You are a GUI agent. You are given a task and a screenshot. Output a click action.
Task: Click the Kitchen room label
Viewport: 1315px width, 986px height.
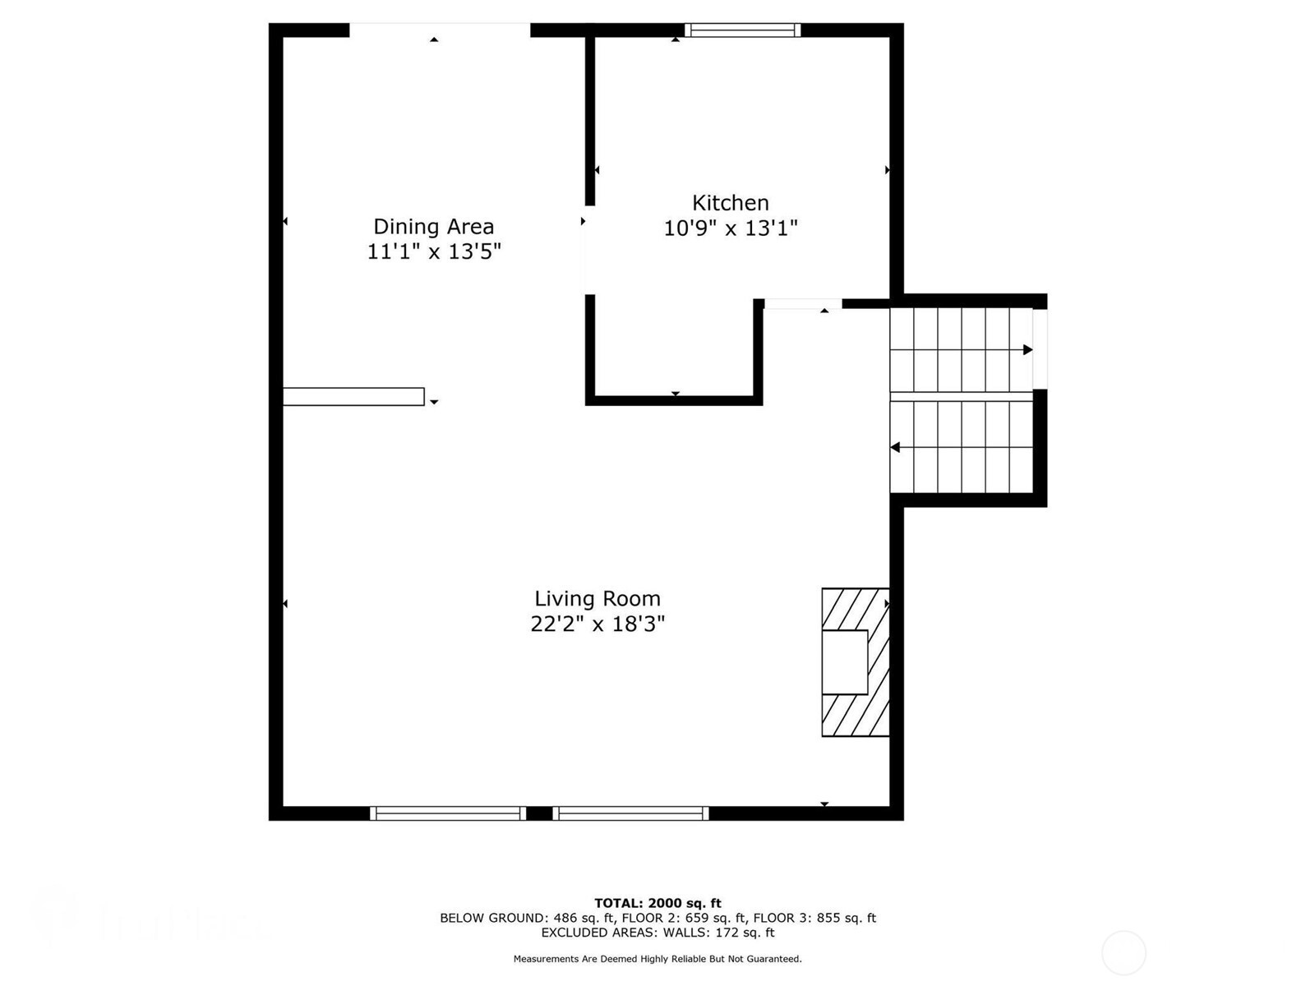click(x=730, y=203)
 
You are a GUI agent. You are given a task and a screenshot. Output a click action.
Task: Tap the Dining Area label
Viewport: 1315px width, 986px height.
click(x=433, y=227)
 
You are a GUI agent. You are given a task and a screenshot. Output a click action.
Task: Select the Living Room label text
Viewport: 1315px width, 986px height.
click(x=598, y=599)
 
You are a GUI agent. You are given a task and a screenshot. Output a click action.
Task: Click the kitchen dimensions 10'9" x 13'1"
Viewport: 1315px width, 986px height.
click(x=731, y=228)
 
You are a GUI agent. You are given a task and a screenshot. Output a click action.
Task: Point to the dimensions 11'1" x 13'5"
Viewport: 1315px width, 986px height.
click(x=433, y=251)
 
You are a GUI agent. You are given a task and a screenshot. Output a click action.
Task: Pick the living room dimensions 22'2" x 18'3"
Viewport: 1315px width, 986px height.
click(x=598, y=624)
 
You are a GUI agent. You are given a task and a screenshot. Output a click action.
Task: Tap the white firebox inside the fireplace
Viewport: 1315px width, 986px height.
click(x=845, y=662)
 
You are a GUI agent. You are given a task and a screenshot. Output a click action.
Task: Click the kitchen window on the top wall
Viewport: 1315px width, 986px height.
click(x=742, y=30)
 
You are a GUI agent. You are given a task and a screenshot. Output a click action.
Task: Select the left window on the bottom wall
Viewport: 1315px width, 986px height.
click(x=447, y=813)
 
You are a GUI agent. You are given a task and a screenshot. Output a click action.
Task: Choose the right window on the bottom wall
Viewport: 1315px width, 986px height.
click(x=630, y=813)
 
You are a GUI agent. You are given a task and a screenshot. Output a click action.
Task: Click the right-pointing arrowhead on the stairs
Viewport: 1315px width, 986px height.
click(x=1027, y=350)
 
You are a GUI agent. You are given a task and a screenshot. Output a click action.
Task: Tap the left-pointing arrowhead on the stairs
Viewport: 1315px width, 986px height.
click(x=896, y=448)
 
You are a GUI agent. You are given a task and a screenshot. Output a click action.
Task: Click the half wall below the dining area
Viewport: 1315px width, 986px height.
click(x=353, y=397)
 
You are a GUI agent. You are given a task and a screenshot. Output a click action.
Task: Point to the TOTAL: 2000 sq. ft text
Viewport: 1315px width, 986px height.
click(x=657, y=903)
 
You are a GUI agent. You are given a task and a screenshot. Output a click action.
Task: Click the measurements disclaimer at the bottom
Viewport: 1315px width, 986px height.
click(x=657, y=959)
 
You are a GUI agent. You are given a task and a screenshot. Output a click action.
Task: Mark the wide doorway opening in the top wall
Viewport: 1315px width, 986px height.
click(x=440, y=30)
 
